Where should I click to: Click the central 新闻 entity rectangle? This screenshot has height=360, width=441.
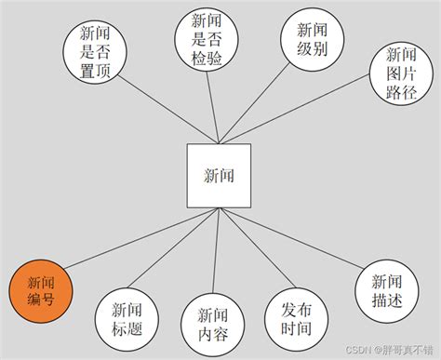pos(219,175)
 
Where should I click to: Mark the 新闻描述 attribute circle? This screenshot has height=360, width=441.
pos(386,291)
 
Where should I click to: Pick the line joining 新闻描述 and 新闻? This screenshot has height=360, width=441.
pos(298,245)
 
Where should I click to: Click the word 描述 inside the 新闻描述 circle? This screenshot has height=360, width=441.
pos(386,300)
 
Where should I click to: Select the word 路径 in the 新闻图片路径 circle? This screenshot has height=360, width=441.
pos(400,91)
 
